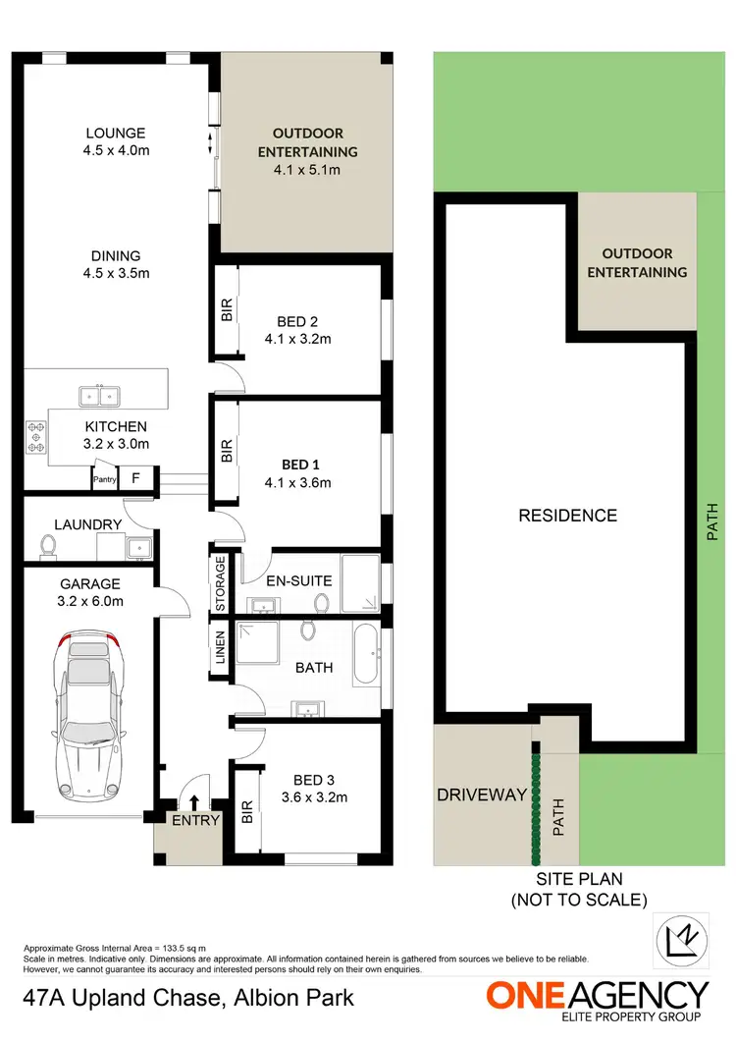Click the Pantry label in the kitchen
click(104, 480)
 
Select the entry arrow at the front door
click(194, 804)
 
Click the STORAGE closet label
click(221, 584)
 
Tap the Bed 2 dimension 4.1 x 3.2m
click(297, 340)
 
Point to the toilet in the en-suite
click(321, 602)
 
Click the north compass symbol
click(678, 936)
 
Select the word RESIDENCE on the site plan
click(568, 516)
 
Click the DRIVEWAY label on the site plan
click(483, 795)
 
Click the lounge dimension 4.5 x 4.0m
click(116, 151)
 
